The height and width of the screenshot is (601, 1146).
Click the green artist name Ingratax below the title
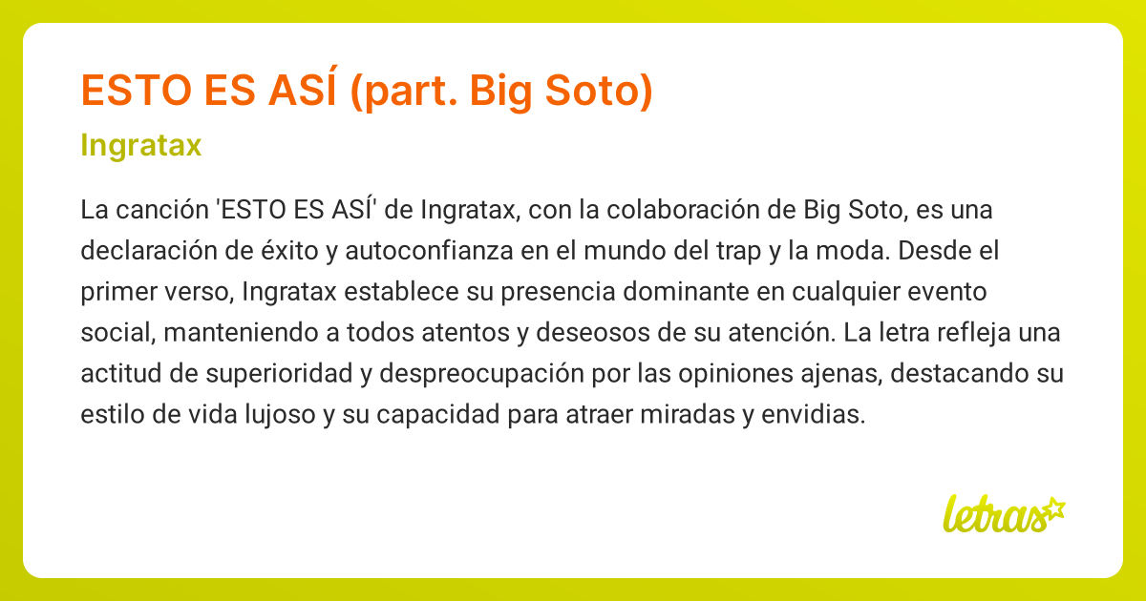point(141,146)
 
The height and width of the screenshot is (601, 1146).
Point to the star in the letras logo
point(1052,508)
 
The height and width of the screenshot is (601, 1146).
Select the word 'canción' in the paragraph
point(160,209)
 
